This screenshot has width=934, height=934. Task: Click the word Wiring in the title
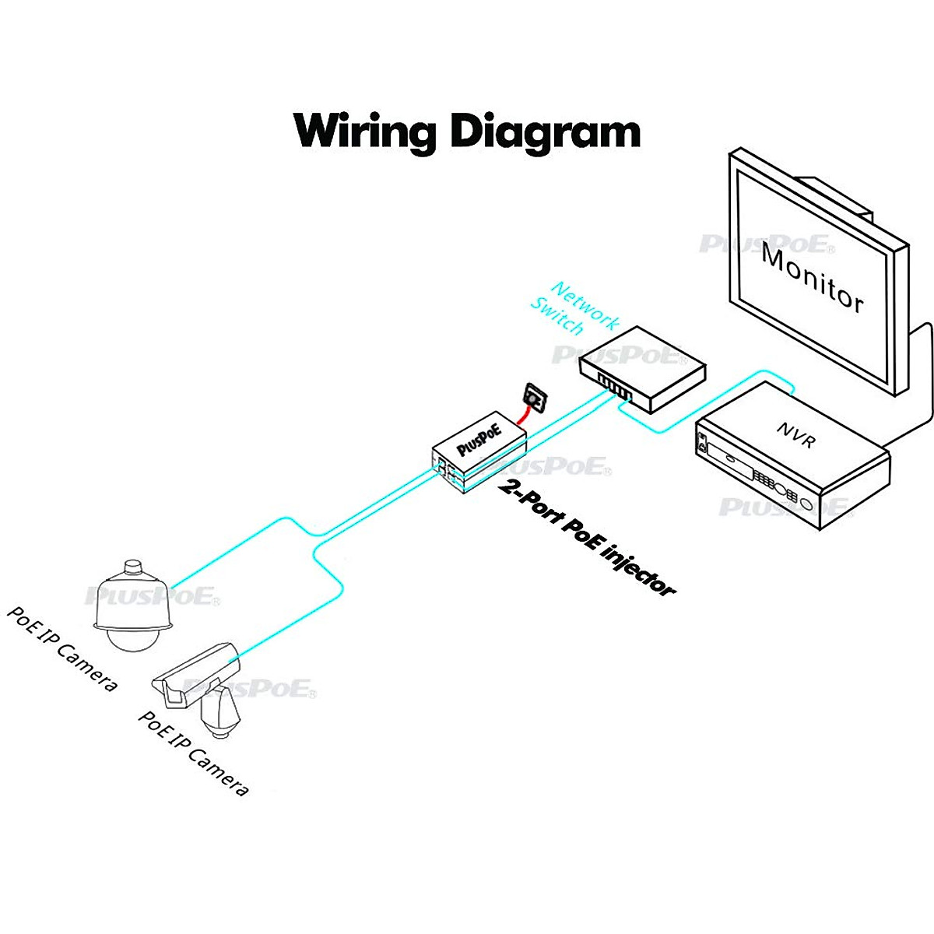364,131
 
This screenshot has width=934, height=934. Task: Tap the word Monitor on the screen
813,278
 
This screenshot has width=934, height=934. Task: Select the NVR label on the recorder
795,435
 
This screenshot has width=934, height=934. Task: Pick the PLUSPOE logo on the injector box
479,440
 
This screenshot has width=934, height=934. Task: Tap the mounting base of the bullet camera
220,715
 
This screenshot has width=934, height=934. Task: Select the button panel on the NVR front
775,486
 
